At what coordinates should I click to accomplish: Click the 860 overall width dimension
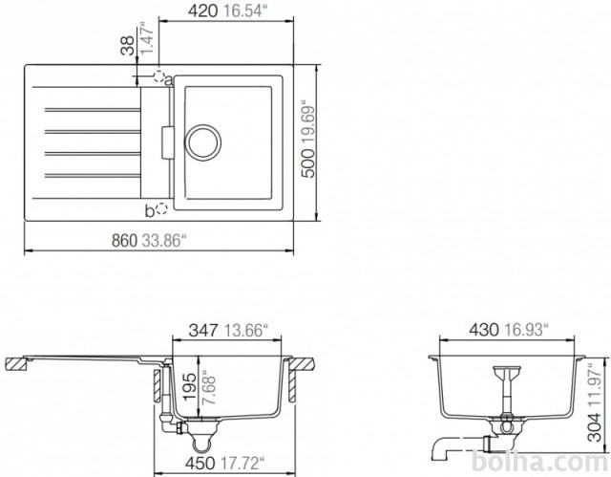click(x=124, y=241)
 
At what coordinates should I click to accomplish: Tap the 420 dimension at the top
click(x=202, y=11)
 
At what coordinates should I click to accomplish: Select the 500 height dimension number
click(x=308, y=163)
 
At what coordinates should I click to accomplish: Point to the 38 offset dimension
click(x=127, y=45)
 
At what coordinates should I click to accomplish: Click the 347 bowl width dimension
click(x=203, y=331)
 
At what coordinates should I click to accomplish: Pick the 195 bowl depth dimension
click(x=190, y=386)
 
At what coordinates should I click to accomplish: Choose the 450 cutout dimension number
click(x=200, y=464)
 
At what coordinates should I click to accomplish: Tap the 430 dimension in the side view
click(x=484, y=330)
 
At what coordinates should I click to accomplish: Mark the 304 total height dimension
click(x=594, y=427)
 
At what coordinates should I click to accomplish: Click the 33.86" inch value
click(x=162, y=241)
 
